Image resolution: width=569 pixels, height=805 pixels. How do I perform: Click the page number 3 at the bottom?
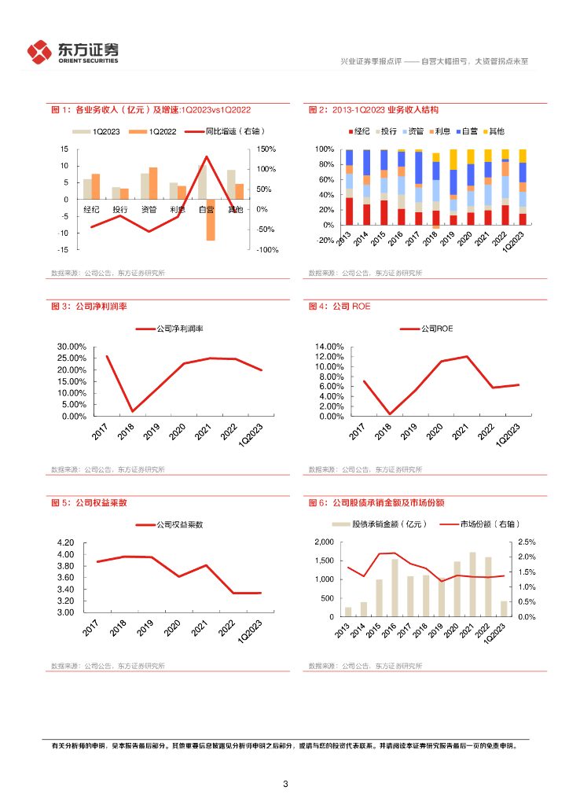point(285,784)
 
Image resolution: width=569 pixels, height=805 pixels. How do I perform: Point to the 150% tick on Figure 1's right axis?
point(266,149)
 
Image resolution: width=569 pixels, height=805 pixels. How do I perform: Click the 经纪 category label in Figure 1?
point(91,210)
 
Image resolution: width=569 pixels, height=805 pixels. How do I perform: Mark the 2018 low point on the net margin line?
point(131,411)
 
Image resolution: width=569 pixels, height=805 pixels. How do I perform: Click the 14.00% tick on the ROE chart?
point(329,347)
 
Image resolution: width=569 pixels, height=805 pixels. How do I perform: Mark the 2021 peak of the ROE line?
point(468,356)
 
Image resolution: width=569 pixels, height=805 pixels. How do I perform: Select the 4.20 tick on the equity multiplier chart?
point(66,543)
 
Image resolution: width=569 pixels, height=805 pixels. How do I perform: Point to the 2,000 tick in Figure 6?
point(325,542)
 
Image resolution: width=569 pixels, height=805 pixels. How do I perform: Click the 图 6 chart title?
point(382,502)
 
